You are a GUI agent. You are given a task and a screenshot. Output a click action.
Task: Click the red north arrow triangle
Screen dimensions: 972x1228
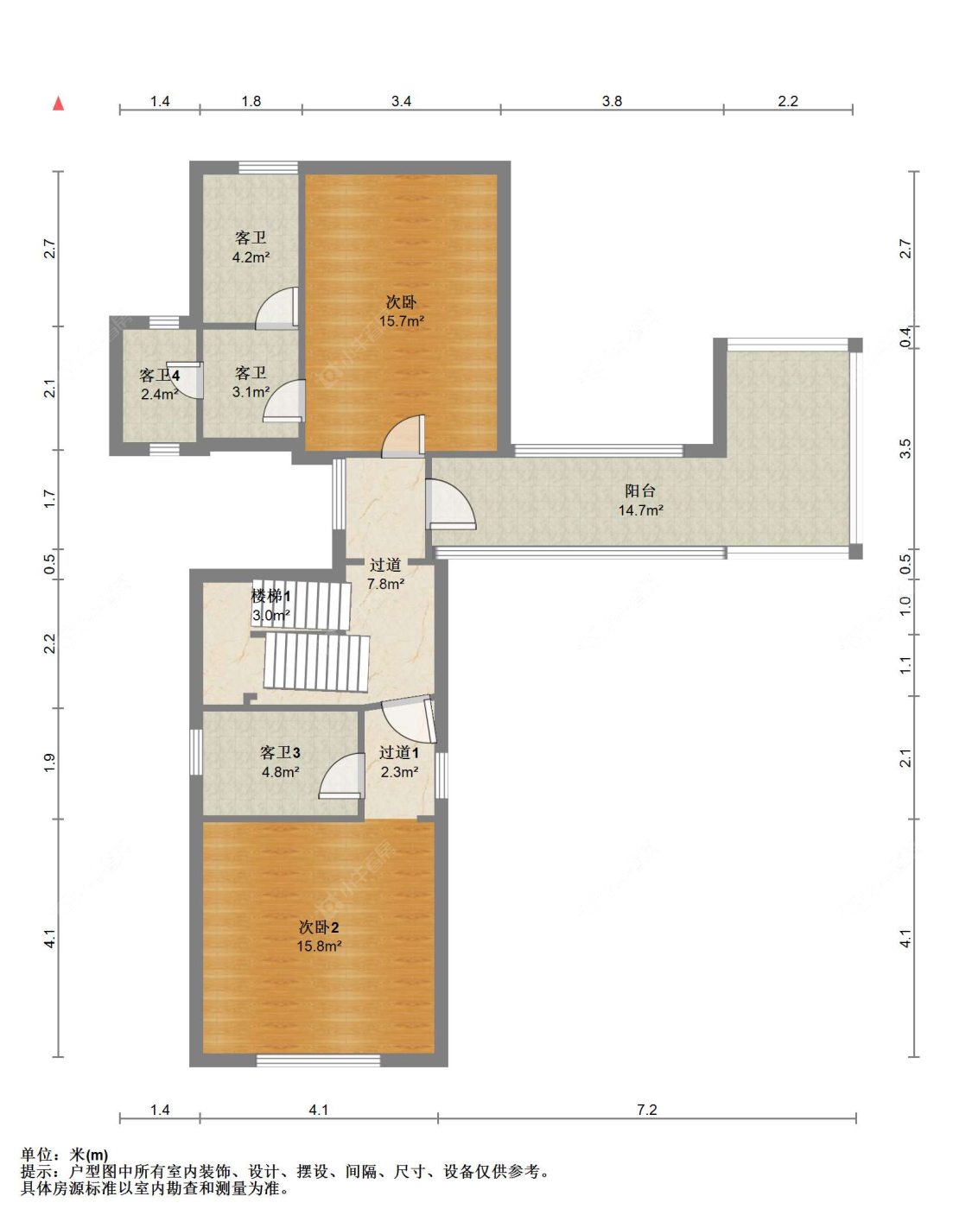[x=58, y=104]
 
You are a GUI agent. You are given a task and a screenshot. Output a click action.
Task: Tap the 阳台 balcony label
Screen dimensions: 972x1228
[x=640, y=491]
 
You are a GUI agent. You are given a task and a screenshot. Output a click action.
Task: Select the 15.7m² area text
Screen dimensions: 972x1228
[x=402, y=320]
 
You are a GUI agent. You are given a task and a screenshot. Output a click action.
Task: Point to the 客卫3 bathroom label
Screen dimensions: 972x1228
[x=280, y=753]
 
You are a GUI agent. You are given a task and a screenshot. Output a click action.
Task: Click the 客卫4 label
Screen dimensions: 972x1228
[x=160, y=376]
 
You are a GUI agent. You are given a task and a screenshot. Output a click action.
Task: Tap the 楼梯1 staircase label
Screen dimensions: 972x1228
[x=270, y=597]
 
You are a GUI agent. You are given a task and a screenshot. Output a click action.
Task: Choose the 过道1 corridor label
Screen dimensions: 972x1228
[x=399, y=753]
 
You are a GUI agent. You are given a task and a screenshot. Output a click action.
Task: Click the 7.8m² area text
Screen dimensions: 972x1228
[x=385, y=584]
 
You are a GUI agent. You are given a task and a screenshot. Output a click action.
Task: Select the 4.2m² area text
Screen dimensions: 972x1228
[x=251, y=257]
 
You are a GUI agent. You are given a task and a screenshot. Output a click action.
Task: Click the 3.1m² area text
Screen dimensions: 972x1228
[x=251, y=392]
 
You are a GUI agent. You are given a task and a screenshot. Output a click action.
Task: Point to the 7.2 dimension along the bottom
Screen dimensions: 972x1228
[x=646, y=1110]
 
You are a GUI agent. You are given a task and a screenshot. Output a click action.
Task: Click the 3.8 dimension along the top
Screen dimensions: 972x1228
[x=612, y=101]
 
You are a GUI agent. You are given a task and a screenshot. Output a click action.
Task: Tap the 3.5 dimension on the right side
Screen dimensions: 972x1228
[x=905, y=448]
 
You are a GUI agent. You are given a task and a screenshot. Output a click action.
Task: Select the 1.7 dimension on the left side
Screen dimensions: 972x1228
[x=50, y=499]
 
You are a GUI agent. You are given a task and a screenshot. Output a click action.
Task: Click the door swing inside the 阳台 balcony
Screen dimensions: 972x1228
[x=451, y=503]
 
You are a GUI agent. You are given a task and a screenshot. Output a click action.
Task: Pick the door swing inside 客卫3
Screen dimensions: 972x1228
[x=341, y=775]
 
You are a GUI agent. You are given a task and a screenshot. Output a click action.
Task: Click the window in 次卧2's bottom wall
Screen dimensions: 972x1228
[x=318, y=1060]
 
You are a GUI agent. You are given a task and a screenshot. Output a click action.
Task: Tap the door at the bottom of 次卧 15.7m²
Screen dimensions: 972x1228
[x=403, y=436]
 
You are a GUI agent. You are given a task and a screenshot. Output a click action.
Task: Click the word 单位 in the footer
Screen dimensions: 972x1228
[x=37, y=1155]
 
